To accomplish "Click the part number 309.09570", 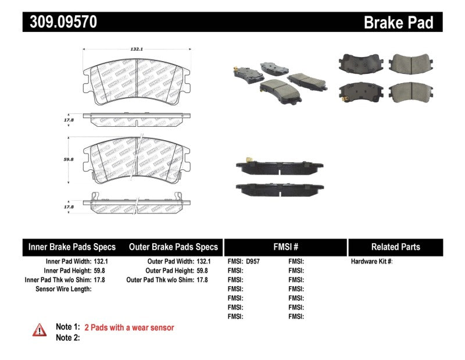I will click(x=60, y=22).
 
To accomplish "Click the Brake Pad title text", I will click(x=398, y=23).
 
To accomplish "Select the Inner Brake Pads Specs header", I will click(x=72, y=247).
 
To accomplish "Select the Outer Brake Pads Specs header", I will click(x=173, y=247).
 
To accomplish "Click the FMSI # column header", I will click(x=285, y=247).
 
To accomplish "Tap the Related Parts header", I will click(x=395, y=247).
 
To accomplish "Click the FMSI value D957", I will click(x=253, y=262).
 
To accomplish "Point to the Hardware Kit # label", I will click(x=371, y=262).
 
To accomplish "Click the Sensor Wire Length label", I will click(x=63, y=288).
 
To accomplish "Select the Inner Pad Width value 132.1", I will click(x=101, y=262).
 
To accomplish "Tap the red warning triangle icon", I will click(x=38, y=329).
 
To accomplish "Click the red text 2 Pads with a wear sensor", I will click(x=129, y=327).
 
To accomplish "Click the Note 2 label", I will click(x=67, y=337).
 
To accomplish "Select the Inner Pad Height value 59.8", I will click(x=101, y=270).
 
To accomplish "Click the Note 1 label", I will click(x=67, y=327).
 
